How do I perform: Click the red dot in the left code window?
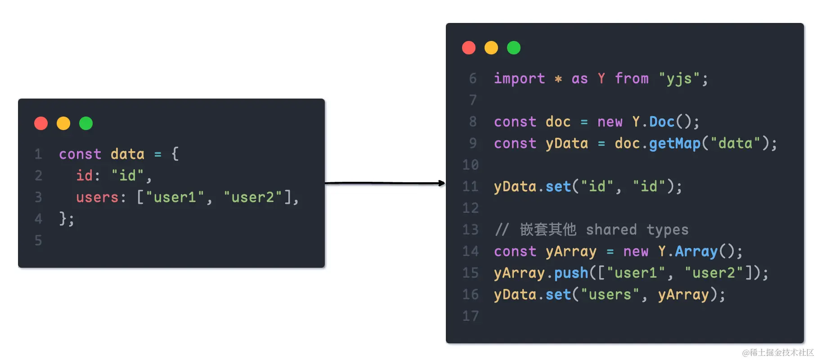click(x=41, y=123)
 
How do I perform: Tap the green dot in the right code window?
click(x=513, y=48)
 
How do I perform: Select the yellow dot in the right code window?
click(x=491, y=48)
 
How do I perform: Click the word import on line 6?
click(x=519, y=79)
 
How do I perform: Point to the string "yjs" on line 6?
click(x=679, y=79)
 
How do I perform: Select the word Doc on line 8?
click(x=662, y=122)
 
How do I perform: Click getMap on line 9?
click(x=674, y=144)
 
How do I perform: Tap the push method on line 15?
click(x=571, y=273)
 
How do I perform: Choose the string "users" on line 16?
click(x=610, y=295)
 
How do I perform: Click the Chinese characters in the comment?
click(x=548, y=229)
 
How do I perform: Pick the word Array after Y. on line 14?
click(x=696, y=252)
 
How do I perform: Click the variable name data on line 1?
click(x=127, y=154)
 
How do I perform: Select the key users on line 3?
click(x=97, y=198)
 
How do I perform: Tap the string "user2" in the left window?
click(x=253, y=198)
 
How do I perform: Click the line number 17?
click(x=471, y=316)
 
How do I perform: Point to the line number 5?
click(x=38, y=241)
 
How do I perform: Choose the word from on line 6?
click(x=632, y=79)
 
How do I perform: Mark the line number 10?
click(x=471, y=165)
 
